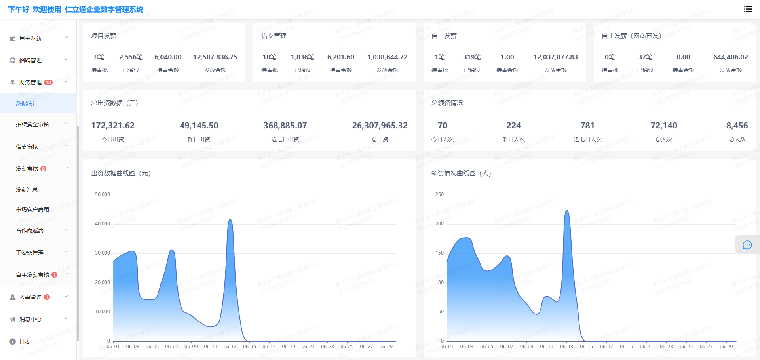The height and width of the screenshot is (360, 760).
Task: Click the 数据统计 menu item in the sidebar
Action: coord(27,103)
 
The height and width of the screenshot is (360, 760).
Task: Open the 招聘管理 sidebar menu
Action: coord(30,60)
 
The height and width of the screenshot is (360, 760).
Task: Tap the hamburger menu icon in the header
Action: coord(748,9)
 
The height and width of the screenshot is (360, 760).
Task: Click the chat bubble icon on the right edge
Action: coord(747,245)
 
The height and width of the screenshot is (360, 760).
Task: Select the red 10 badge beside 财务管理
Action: coord(48,82)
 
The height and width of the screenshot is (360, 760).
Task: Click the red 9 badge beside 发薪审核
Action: coord(44,169)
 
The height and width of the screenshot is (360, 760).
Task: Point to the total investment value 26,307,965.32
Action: coord(380,126)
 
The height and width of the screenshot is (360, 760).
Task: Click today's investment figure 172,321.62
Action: coord(113,126)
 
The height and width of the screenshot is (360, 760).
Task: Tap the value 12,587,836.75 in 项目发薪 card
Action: coord(215,57)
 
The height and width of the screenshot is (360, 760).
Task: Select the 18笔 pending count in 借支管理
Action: coord(270,57)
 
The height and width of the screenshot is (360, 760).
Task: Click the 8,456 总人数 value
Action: coord(737,126)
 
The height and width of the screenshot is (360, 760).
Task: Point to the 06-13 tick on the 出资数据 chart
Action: coord(230,347)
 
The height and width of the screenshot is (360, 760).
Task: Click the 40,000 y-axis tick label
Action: coord(103,224)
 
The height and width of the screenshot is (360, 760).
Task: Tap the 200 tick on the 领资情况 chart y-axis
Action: coord(439,224)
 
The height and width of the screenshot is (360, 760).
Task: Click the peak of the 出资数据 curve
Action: coord(230,219)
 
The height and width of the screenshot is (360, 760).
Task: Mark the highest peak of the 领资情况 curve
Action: coord(567,210)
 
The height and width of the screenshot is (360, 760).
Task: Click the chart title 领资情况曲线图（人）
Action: coord(461,173)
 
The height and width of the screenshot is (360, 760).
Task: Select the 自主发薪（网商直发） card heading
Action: coord(631,36)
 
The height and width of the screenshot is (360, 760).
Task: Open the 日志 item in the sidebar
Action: coord(25,341)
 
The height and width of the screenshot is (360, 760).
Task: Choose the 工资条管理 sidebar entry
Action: coord(30,253)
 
